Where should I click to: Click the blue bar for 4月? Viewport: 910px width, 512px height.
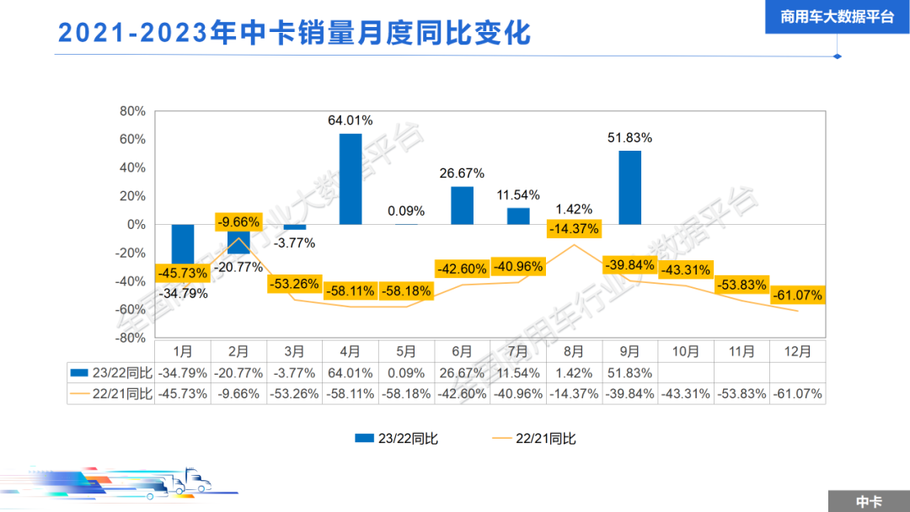click(x=351, y=179)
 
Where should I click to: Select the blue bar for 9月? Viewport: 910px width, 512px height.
click(x=629, y=188)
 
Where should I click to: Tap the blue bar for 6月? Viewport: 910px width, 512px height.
click(x=462, y=205)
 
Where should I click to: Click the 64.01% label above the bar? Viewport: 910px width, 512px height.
click(x=351, y=120)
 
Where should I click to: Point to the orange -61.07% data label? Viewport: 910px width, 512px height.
click(x=796, y=296)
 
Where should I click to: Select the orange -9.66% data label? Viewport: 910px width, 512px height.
click(x=238, y=222)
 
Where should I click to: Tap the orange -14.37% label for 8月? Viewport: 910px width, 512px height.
click(x=574, y=228)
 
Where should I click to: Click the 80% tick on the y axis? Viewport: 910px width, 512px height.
click(x=133, y=111)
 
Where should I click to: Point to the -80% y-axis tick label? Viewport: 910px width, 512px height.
click(x=130, y=338)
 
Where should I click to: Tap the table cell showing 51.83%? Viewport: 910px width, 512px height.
click(x=629, y=372)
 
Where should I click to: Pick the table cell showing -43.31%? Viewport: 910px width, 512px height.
click(x=685, y=393)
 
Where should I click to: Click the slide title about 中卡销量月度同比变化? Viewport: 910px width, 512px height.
click(x=294, y=33)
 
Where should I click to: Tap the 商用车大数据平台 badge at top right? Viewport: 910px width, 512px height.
click(x=837, y=16)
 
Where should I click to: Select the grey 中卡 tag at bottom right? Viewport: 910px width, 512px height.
click(x=868, y=501)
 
